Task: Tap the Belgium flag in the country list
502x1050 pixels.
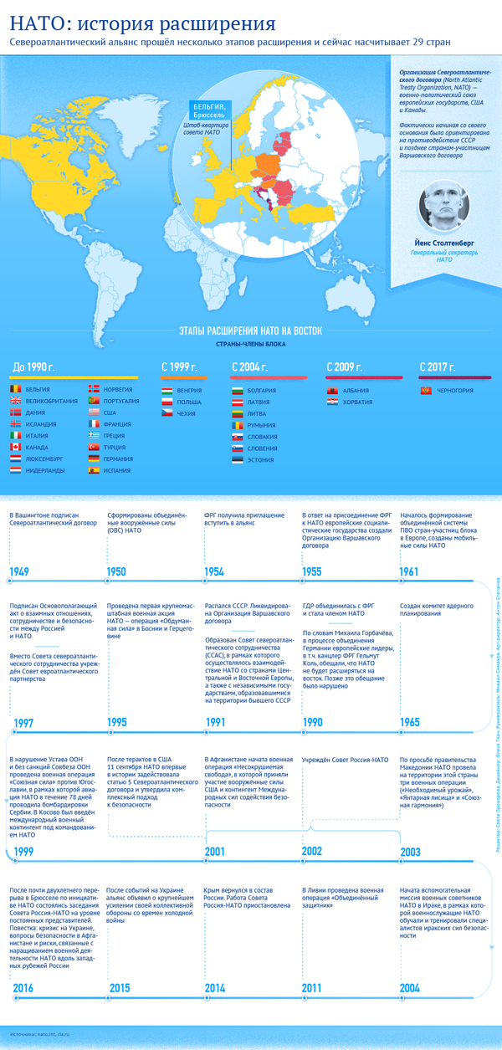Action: tap(16, 389)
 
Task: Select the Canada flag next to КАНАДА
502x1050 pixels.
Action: tap(16, 447)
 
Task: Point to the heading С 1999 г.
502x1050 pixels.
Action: tap(179, 366)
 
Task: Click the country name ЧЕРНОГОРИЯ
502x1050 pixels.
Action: tap(458, 390)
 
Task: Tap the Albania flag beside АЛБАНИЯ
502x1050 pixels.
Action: tap(332, 390)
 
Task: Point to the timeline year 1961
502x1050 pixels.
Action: tap(411, 572)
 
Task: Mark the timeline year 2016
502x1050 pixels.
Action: tap(23, 988)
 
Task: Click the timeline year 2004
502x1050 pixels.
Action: tap(411, 988)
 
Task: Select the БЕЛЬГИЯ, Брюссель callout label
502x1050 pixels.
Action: tap(210, 110)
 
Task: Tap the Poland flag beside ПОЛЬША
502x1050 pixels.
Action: tap(168, 402)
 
